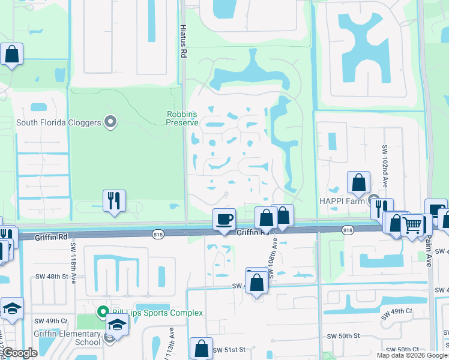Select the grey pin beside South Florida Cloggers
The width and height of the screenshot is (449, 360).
point(110,122)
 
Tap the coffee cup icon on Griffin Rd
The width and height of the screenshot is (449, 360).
point(224,219)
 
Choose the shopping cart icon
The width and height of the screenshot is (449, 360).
point(412,226)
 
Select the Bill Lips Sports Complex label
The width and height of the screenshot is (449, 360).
point(157,313)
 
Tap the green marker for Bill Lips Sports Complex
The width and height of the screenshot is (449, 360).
point(102,312)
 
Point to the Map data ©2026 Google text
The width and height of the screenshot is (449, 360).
point(411,355)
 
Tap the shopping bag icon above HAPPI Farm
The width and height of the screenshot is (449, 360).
point(358,182)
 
